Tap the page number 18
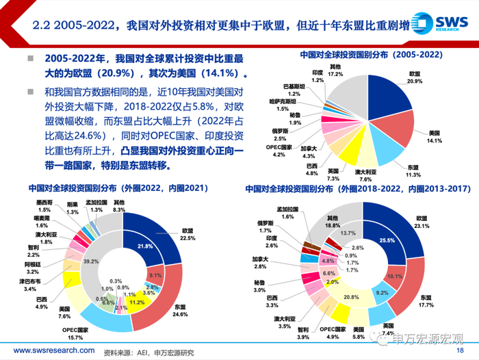point(466,350)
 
